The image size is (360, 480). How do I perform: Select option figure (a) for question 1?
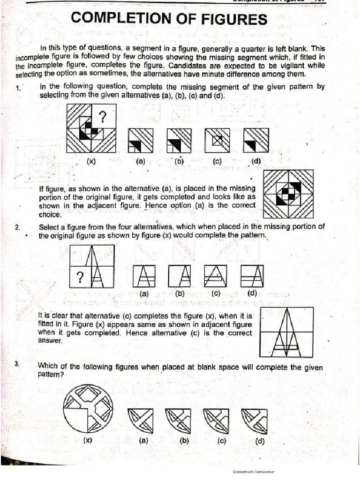pos(140,140)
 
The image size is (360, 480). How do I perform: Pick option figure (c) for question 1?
pos(217,140)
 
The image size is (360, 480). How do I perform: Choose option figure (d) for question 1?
pos(255,140)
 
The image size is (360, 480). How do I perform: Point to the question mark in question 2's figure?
pos(80,277)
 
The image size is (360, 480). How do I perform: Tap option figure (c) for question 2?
pos(216,277)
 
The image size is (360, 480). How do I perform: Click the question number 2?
pos(17,228)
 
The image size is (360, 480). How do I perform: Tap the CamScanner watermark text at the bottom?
pos(253,472)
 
